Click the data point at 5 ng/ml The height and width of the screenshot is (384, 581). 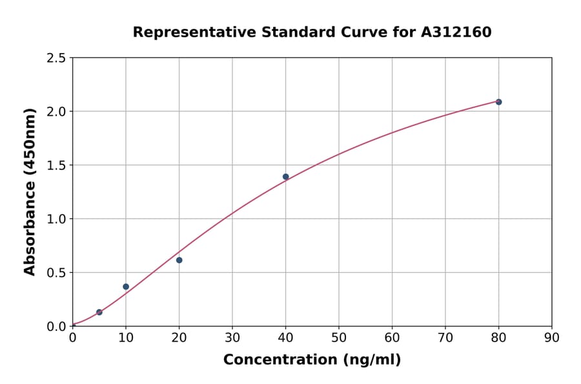point(99,312)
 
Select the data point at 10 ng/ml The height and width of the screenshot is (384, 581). point(126,286)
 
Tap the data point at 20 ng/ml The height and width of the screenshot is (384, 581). point(179,260)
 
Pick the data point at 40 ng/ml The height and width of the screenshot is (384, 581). point(286,176)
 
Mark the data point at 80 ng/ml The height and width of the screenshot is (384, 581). point(499,102)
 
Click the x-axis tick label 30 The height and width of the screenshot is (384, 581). point(232,337)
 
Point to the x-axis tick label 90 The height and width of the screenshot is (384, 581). point(552,337)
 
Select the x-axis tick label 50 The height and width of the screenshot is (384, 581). point(339,337)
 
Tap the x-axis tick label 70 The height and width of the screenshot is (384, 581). point(445,337)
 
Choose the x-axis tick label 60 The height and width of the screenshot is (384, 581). point(392,337)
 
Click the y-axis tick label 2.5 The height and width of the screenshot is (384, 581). point(56,58)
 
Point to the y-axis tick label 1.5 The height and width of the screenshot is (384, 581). point(56,165)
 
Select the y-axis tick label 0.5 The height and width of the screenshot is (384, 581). point(56,273)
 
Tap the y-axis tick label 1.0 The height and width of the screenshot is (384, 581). point(56,219)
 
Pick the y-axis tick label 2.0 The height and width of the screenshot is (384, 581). point(56,112)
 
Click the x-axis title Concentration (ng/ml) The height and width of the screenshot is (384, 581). point(312,359)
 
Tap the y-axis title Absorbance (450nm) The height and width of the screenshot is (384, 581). point(30,192)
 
